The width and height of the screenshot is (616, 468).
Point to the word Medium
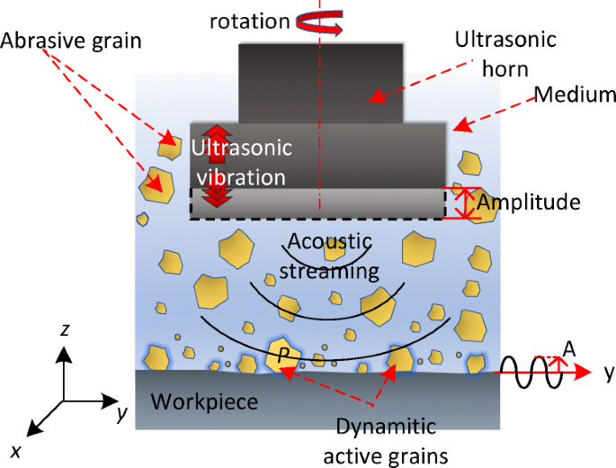573,94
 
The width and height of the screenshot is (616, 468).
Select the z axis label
65,331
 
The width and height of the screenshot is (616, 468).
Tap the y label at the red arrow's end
608,371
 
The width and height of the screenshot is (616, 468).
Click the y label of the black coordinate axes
120,413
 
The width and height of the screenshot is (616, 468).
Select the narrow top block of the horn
319,83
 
